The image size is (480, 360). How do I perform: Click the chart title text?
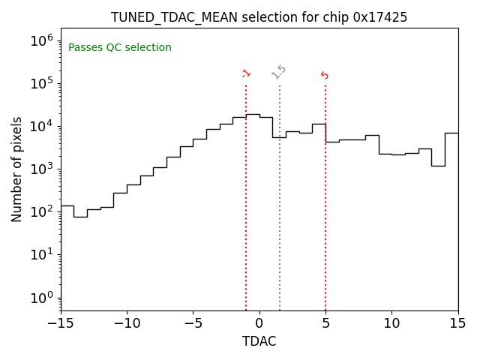pyautogui.click(x=259, y=17)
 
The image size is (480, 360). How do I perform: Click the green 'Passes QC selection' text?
pyautogui.click(x=120, y=48)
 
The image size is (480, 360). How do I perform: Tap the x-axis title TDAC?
pyautogui.click(x=259, y=341)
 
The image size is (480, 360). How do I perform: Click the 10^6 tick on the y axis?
pyautogui.click(x=42, y=40)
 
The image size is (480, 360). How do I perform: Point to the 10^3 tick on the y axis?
pyautogui.click(x=42, y=169)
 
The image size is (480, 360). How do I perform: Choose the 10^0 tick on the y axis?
pyautogui.click(x=42, y=298)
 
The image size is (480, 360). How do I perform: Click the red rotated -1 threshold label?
pyautogui.click(x=246, y=73)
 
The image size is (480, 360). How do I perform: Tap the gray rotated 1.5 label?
pyautogui.click(x=279, y=72)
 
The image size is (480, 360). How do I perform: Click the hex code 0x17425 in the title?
pyautogui.click(x=380, y=17)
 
